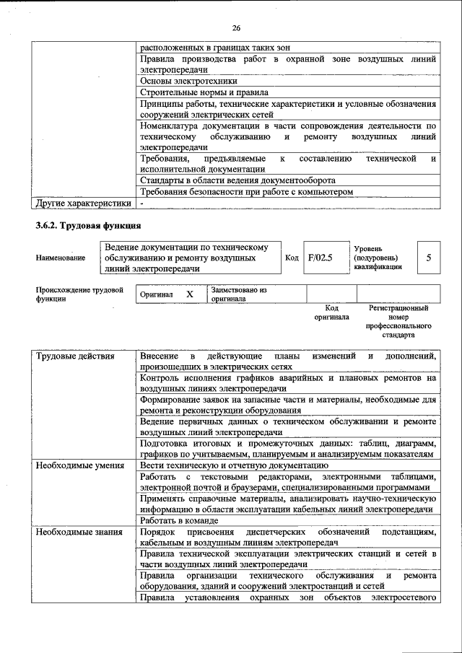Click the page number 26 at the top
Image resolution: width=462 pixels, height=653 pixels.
[x=235, y=28]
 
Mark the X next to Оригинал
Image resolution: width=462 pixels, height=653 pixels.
[x=190, y=294]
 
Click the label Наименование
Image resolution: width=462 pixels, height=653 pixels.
[x=60, y=258]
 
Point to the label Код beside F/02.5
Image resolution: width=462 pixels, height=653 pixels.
[x=292, y=258]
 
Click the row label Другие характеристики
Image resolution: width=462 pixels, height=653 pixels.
[x=84, y=203]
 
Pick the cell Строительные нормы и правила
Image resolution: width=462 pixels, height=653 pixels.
[x=204, y=92]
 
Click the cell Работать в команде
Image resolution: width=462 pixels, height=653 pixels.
[x=179, y=520]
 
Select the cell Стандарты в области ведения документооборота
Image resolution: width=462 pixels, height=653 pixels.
[x=237, y=180]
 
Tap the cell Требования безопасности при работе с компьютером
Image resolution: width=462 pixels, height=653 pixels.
[x=247, y=192]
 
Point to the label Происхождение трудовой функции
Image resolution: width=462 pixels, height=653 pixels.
[x=79, y=294]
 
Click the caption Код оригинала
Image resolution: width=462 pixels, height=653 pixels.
[x=331, y=312]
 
